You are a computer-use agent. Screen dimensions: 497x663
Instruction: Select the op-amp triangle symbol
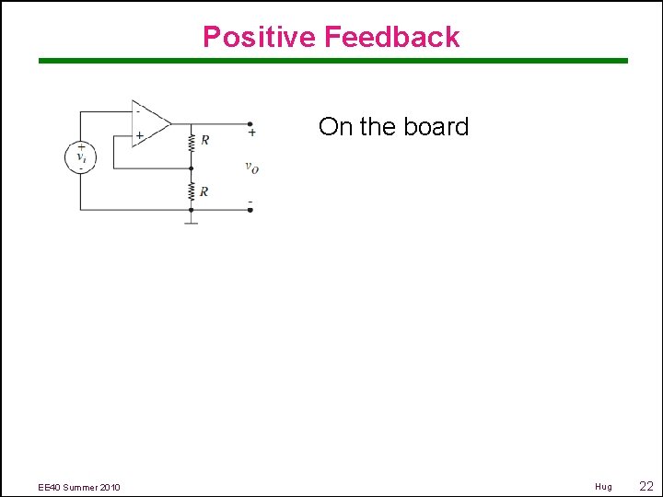click(150, 123)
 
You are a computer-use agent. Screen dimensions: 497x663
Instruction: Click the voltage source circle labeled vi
click(80, 156)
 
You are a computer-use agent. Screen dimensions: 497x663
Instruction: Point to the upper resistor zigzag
click(191, 142)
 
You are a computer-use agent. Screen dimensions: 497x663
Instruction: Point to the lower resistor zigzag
click(191, 191)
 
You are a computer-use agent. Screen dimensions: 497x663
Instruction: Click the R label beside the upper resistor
click(204, 141)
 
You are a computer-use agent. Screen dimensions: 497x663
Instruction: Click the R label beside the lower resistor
click(204, 191)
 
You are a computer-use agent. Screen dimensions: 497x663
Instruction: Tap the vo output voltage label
click(251, 167)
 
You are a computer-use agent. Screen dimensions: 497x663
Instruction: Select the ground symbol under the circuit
click(191, 220)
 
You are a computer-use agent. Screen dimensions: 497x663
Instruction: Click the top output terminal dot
click(250, 123)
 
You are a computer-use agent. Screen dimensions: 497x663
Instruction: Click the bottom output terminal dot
click(250, 210)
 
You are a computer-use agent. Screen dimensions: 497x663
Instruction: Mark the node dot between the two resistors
click(191, 168)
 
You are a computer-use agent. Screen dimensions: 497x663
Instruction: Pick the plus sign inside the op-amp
click(139, 135)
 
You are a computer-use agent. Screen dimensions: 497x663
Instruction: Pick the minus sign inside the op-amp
click(138, 110)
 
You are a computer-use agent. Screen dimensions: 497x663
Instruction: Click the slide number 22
click(646, 486)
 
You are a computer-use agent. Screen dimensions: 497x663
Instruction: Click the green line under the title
click(332, 61)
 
